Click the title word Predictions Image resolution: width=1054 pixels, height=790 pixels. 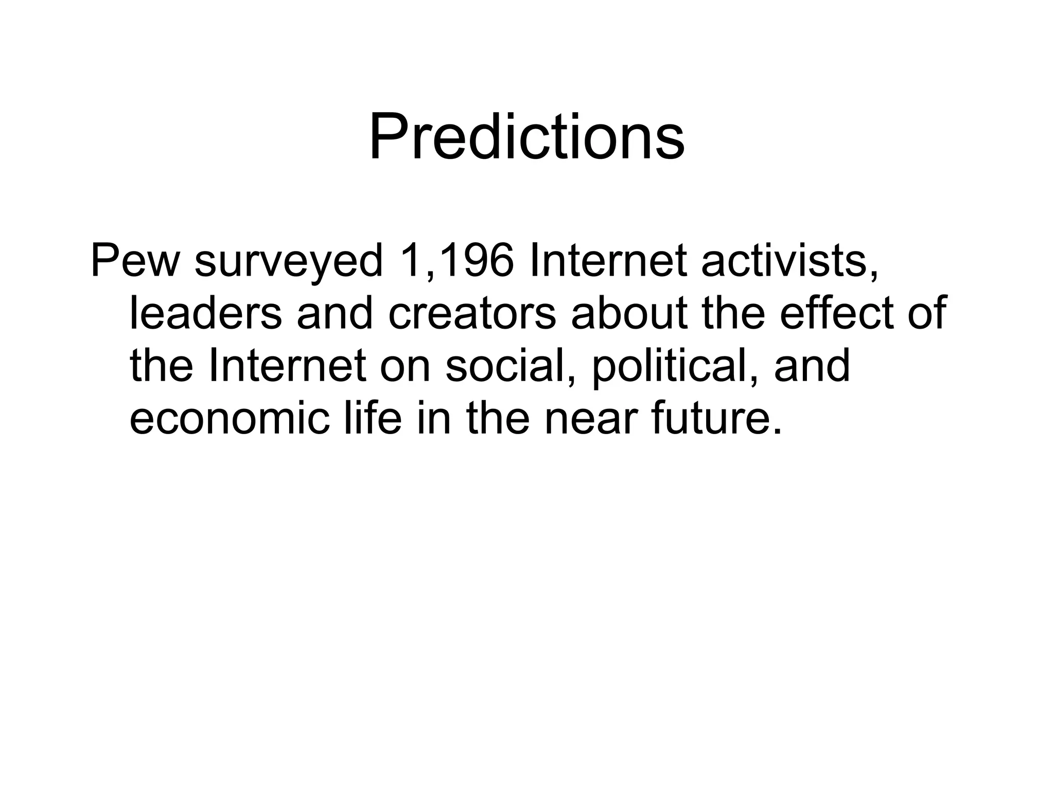point(526,138)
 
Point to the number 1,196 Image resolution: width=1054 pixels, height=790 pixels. point(456,261)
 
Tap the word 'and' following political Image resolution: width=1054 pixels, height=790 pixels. point(812,366)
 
